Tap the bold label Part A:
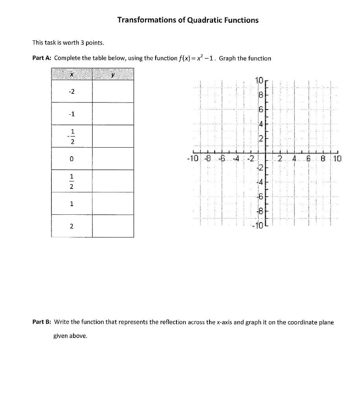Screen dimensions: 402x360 point(42,58)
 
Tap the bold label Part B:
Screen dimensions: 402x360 point(42,322)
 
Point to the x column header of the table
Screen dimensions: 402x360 point(71,74)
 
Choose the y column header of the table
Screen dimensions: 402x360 point(113,74)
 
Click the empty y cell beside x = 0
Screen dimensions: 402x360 point(113,159)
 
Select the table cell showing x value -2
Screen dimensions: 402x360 point(71,91)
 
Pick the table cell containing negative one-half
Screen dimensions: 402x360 point(71,136)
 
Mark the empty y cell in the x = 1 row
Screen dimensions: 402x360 point(113,203)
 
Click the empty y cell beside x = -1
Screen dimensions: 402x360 point(113,114)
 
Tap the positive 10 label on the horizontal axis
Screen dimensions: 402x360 point(337,159)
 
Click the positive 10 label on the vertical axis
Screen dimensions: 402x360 point(259,81)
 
